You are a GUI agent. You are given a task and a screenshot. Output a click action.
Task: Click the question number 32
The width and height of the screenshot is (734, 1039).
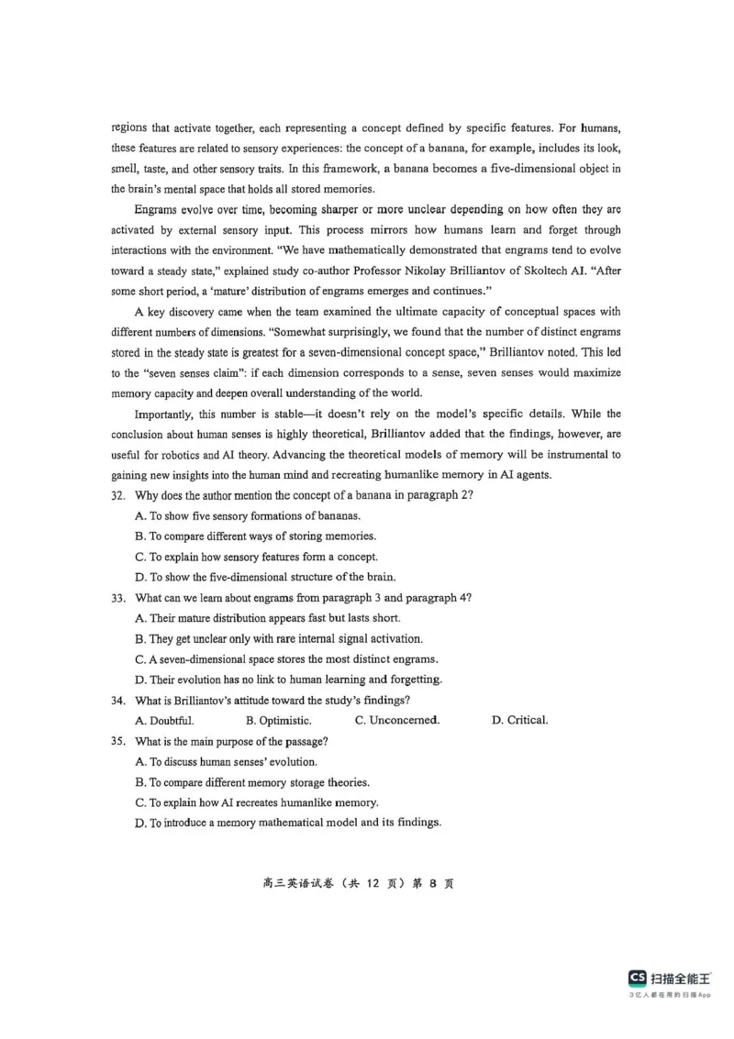coord(117,495)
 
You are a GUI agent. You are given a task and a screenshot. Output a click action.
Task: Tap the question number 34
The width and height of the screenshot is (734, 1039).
coord(117,700)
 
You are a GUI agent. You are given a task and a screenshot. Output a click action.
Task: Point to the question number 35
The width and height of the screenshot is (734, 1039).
coord(117,741)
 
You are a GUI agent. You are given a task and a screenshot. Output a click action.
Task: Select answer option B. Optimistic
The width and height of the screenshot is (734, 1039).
coord(279,720)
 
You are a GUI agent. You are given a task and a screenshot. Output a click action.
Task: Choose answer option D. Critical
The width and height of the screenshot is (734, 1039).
coord(520,720)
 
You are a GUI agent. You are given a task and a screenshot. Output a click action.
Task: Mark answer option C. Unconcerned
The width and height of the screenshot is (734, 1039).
coord(397,720)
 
